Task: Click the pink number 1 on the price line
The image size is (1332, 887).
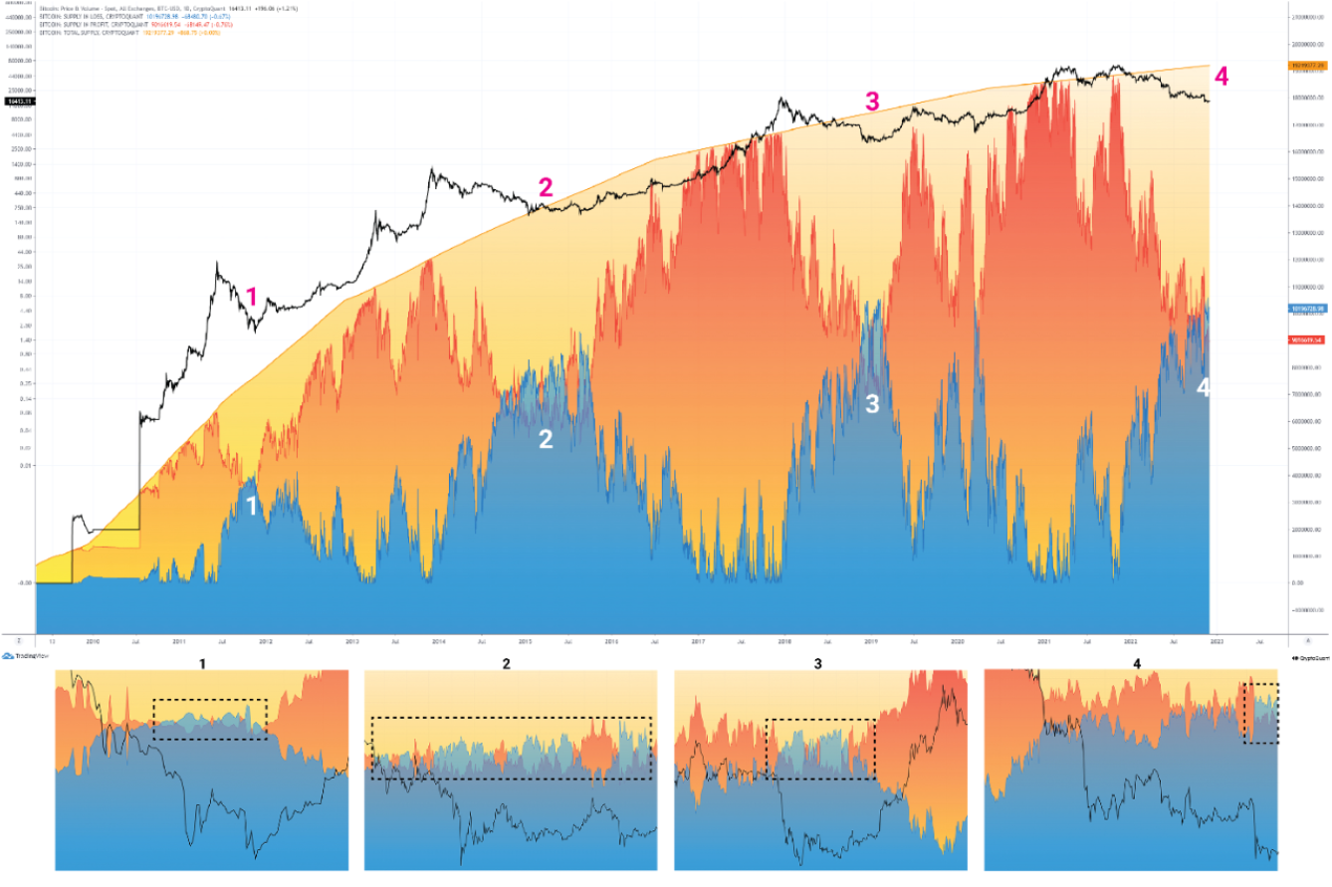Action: tap(252, 296)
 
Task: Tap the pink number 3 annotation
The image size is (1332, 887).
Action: tap(872, 101)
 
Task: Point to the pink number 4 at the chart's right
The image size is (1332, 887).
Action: tap(1221, 76)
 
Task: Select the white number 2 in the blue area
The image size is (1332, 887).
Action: tap(546, 439)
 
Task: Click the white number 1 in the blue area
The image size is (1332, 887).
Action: tap(252, 506)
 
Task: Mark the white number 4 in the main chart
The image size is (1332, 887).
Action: tap(1202, 387)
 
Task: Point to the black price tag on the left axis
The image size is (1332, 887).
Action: tap(17, 102)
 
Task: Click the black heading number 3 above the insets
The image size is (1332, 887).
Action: tap(817, 662)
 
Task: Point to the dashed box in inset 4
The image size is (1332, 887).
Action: tap(1261, 713)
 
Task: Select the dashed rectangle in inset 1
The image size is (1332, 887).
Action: tap(210, 719)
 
